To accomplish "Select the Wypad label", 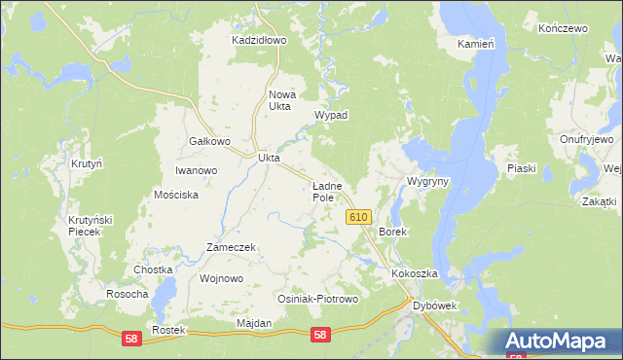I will click(x=331, y=115).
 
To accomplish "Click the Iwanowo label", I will click(x=196, y=170).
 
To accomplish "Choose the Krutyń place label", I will click(x=87, y=163).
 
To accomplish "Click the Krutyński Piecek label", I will click(x=91, y=227).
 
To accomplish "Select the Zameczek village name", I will click(x=231, y=247).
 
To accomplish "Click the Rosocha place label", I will click(x=128, y=294).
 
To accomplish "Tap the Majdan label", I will click(x=253, y=322).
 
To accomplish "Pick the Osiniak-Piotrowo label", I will click(x=318, y=299).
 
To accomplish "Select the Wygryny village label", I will click(x=427, y=182).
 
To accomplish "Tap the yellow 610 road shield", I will click(x=357, y=218).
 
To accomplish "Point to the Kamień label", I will click(x=477, y=45).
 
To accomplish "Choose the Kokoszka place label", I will click(x=416, y=274).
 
